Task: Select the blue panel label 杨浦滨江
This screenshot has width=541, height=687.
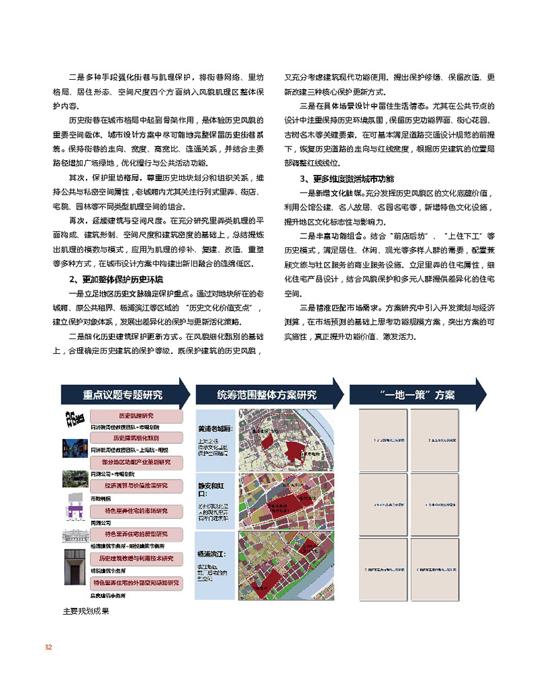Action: [x=214, y=553]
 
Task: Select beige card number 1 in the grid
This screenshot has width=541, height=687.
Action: [x=379, y=439]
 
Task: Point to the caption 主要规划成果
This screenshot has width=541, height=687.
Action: [x=86, y=611]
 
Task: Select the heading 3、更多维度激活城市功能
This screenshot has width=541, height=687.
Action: [x=346, y=179]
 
